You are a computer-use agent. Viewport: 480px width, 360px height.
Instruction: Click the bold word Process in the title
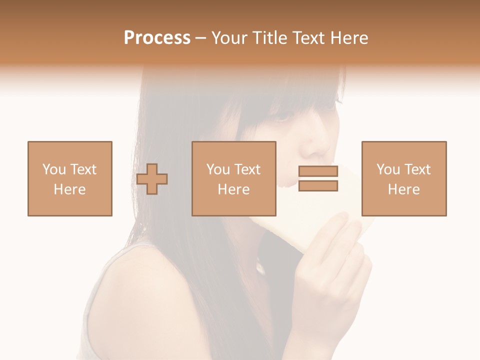pos(157,38)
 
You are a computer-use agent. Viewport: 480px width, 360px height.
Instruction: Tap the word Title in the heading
pos(269,38)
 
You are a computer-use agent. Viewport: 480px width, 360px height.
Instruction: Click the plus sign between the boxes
pos(152,179)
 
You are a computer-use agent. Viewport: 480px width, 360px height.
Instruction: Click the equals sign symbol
pos(318,178)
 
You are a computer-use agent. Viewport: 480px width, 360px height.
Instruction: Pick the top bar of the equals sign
pos(318,171)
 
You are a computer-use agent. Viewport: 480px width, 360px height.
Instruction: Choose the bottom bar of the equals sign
pos(318,186)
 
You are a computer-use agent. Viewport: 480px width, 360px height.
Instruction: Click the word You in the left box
pos(54,169)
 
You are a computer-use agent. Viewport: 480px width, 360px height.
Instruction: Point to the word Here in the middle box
pos(234,189)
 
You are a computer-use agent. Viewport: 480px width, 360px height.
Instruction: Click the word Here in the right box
pos(404,189)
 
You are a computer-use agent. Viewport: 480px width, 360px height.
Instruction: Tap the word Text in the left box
pos(83,169)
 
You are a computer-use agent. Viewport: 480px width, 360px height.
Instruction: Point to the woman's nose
pos(313,148)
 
